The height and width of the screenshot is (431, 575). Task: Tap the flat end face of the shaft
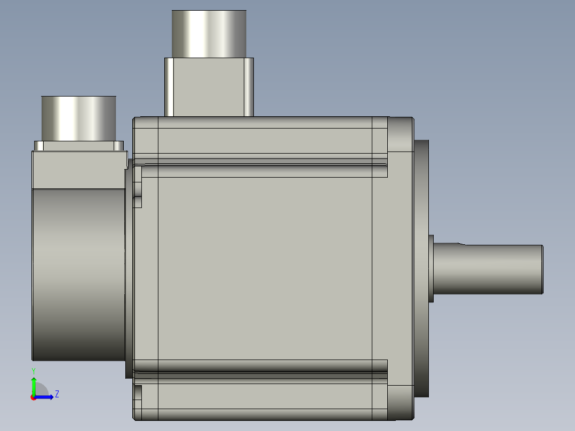click(x=542, y=269)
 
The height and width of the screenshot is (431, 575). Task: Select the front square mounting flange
click(x=400, y=267)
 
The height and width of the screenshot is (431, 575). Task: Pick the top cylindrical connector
click(x=209, y=34)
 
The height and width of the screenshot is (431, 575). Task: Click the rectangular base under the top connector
click(x=209, y=86)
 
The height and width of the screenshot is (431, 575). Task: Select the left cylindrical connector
click(x=78, y=118)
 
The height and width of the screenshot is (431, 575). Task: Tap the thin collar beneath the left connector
click(x=78, y=146)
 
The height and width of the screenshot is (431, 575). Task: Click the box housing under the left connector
click(x=78, y=170)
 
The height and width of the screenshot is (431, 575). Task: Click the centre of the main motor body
click(x=265, y=267)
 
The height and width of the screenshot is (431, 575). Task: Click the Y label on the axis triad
click(x=33, y=370)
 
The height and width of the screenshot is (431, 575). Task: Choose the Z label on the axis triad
click(x=57, y=394)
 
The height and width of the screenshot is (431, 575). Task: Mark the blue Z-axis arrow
click(x=45, y=397)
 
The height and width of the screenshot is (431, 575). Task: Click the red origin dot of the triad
click(x=33, y=397)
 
